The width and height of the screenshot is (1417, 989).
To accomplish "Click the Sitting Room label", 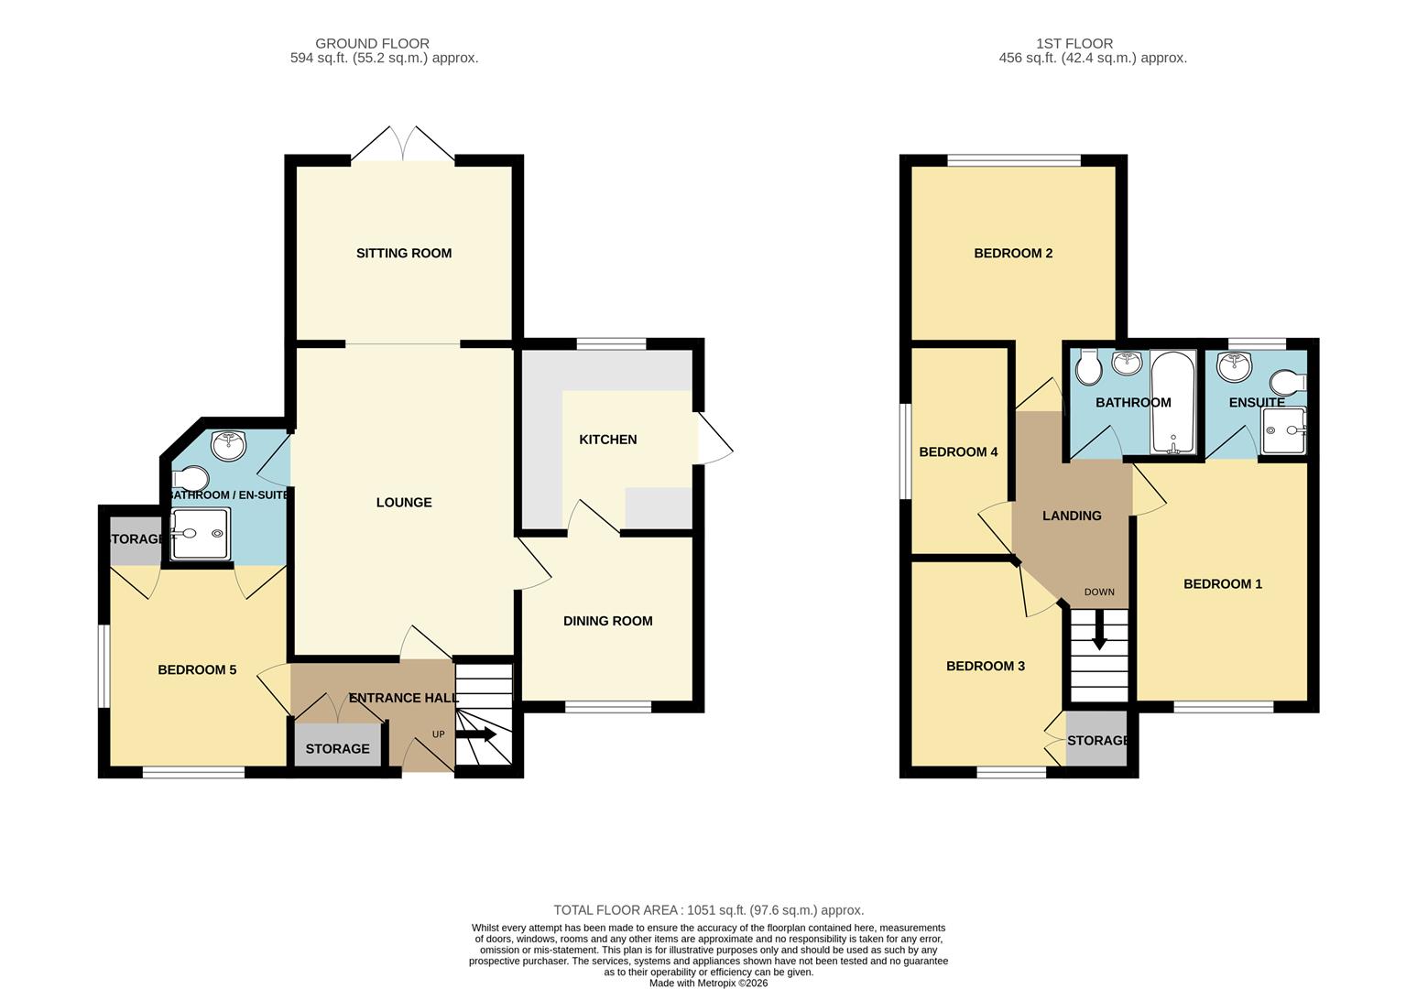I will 403,254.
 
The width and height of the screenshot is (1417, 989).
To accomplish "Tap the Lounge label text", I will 403,503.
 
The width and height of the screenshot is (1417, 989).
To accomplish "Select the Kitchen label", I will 607,440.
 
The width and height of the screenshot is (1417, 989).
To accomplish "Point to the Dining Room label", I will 607,621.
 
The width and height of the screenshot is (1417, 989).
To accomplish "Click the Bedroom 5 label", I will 197,670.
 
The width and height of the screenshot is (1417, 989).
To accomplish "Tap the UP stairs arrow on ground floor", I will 476,734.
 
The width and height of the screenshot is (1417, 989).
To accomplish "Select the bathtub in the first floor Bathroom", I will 1172,402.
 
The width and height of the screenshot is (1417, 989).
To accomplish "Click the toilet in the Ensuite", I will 1291,381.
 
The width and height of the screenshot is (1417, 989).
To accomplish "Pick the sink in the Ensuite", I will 1235,366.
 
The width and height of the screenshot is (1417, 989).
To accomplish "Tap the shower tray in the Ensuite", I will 1283,430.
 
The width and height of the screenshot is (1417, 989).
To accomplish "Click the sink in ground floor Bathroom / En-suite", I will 228,446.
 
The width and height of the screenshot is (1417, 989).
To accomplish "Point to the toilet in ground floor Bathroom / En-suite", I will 191,479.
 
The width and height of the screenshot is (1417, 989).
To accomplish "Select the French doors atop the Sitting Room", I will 403,145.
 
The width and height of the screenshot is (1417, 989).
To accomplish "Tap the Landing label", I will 1072,516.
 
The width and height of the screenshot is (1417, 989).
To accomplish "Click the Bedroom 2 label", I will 1012,254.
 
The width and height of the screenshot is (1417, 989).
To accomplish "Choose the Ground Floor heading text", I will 372,43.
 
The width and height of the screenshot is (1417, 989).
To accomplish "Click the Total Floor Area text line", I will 708,910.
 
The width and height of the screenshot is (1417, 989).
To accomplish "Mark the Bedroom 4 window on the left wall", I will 905,451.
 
